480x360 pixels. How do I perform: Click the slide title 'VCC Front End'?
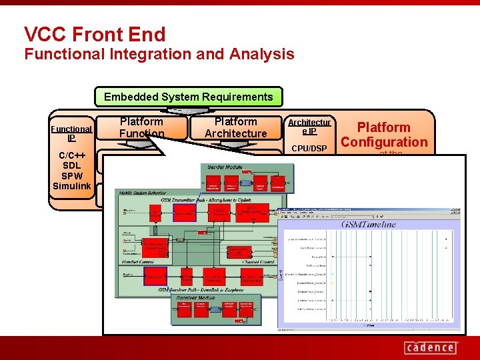tap(95, 34)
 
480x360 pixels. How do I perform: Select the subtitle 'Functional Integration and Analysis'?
tap(159, 54)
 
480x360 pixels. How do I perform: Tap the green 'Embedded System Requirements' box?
tap(189, 97)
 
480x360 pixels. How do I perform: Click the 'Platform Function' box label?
tap(141, 127)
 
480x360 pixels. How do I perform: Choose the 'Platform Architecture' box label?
tap(235, 127)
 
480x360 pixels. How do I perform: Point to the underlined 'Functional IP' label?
tap(71, 133)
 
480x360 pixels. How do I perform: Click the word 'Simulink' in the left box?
tap(71, 186)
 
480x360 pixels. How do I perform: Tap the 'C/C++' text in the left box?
tap(71, 155)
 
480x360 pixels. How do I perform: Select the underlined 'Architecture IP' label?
tap(309, 127)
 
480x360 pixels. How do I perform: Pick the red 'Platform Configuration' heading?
tap(383, 134)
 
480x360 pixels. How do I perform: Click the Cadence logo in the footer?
tap(431, 347)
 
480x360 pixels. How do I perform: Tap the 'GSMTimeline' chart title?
tap(369, 225)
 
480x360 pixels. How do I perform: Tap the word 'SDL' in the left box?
tap(71, 165)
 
